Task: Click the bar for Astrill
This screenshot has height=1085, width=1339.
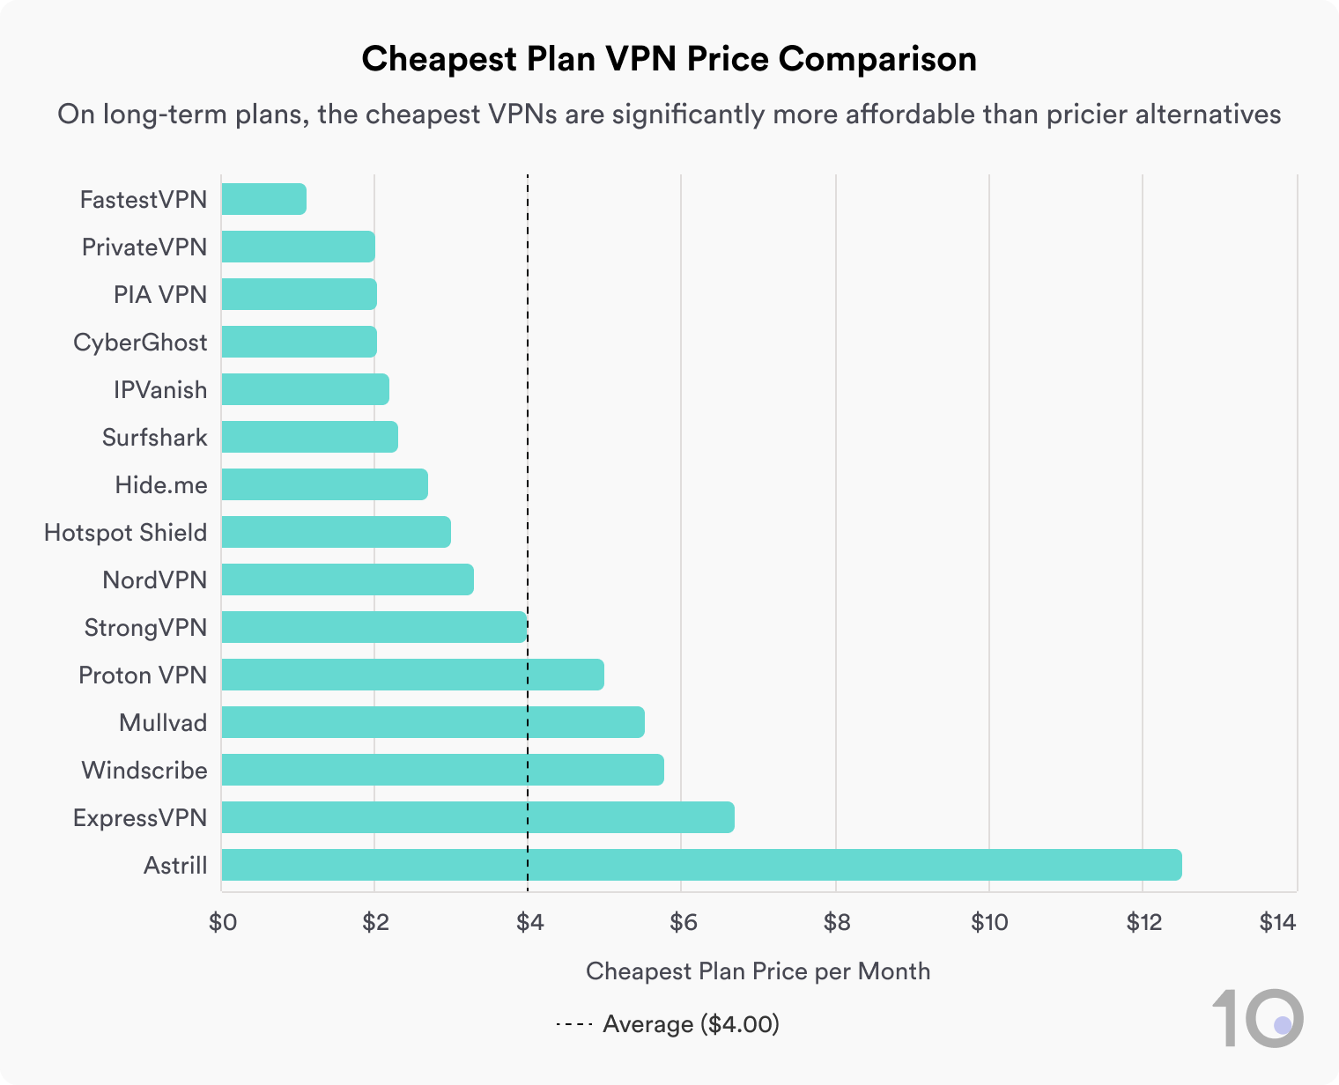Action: [x=701, y=865]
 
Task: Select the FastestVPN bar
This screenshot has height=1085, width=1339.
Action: [x=263, y=199]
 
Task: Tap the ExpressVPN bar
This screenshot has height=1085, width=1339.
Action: [x=477, y=817]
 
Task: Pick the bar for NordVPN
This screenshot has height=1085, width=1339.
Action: [x=347, y=579]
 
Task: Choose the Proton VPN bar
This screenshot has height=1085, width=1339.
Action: [x=412, y=675]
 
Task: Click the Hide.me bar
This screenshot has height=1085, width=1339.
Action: [x=324, y=484]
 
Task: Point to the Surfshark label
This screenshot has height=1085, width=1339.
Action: [x=154, y=437]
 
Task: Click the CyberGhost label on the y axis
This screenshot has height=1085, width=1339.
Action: [x=140, y=342]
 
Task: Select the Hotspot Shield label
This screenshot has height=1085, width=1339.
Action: [x=125, y=532]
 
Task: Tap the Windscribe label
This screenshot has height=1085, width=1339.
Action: [x=144, y=770]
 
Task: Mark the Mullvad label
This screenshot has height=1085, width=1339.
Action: [x=163, y=722]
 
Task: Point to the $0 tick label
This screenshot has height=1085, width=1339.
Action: [x=222, y=922]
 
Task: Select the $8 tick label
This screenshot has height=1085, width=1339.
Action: [x=835, y=922]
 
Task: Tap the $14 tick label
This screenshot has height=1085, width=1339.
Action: [x=1277, y=922]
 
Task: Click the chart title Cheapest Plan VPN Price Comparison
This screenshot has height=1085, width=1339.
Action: [x=669, y=59]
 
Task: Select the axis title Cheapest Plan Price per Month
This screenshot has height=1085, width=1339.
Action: [x=758, y=971]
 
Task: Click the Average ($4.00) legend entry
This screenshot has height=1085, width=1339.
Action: [x=669, y=1024]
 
